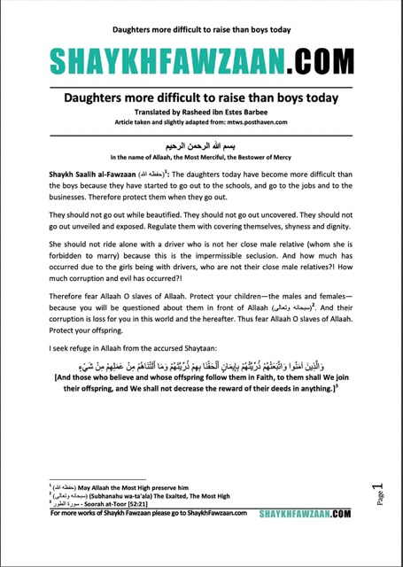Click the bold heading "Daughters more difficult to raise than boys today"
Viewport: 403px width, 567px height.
point(202,100)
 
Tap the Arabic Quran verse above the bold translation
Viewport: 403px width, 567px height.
point(202,390)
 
